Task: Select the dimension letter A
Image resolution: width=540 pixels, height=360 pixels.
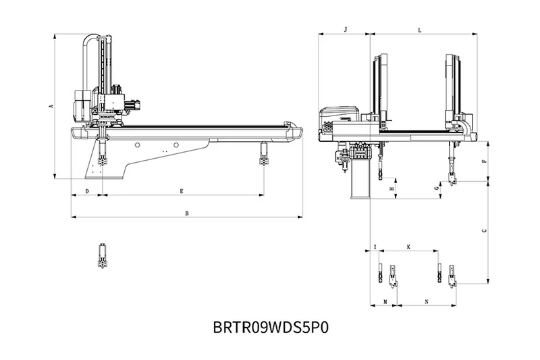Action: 51,106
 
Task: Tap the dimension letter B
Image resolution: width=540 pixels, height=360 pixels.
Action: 186,213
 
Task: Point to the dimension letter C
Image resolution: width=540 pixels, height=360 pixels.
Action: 484,231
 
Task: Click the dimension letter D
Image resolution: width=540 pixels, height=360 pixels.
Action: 86,192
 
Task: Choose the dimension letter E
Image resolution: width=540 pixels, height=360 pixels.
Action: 182,192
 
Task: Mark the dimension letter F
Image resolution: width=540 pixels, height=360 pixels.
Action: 484,162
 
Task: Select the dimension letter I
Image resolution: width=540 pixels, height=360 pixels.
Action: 375,248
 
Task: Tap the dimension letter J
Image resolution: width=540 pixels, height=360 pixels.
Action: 345,30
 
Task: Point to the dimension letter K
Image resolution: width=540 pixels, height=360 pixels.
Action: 408,248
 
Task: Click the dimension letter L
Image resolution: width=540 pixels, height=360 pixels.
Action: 420,30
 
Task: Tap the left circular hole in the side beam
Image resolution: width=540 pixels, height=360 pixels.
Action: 137,145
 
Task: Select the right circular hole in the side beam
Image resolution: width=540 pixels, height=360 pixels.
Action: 175,145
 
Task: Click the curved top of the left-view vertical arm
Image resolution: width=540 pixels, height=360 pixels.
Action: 91,39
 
